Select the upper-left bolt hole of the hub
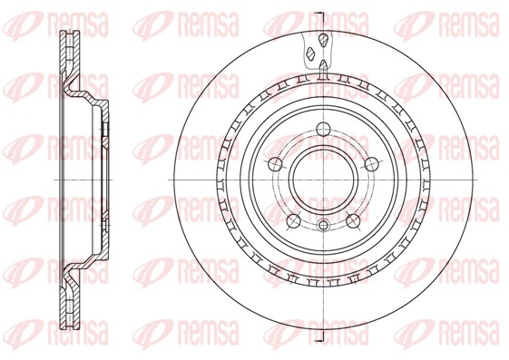tap(273, 163)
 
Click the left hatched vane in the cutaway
tap(311, 63)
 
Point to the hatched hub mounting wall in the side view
tap(102, 179)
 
